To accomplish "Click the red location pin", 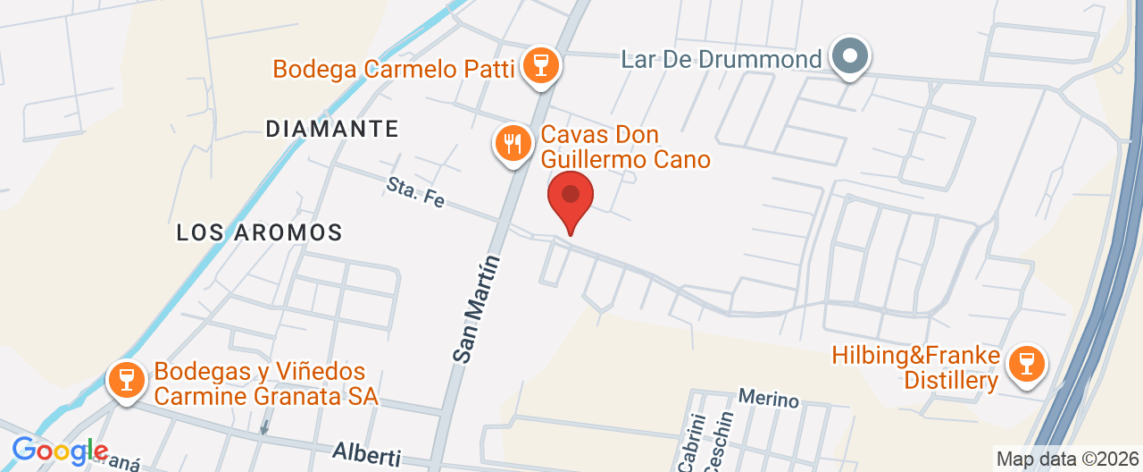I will point(570,198).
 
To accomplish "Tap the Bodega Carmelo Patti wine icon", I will point(539,64).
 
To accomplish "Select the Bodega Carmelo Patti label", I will point(394,69).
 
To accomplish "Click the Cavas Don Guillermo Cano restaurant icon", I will point(513,143).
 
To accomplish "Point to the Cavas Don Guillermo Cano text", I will point(624,147).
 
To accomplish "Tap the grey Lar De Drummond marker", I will point(850,57).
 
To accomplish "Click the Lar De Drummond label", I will point(721,60).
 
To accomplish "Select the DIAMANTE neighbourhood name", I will point(331,129).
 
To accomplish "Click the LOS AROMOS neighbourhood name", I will point(259,233).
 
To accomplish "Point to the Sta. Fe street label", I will point(416,190).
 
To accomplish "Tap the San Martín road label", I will point(475,308).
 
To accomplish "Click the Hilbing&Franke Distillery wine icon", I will point(1026,364).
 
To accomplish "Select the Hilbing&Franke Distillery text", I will point(915,368).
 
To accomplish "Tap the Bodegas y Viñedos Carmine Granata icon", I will point(126,378).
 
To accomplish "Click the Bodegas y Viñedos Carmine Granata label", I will point(265,383).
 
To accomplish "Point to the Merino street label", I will point(768,400).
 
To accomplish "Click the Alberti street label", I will point(366,454).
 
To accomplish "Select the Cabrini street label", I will point(691,441).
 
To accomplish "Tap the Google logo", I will point(59,451).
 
